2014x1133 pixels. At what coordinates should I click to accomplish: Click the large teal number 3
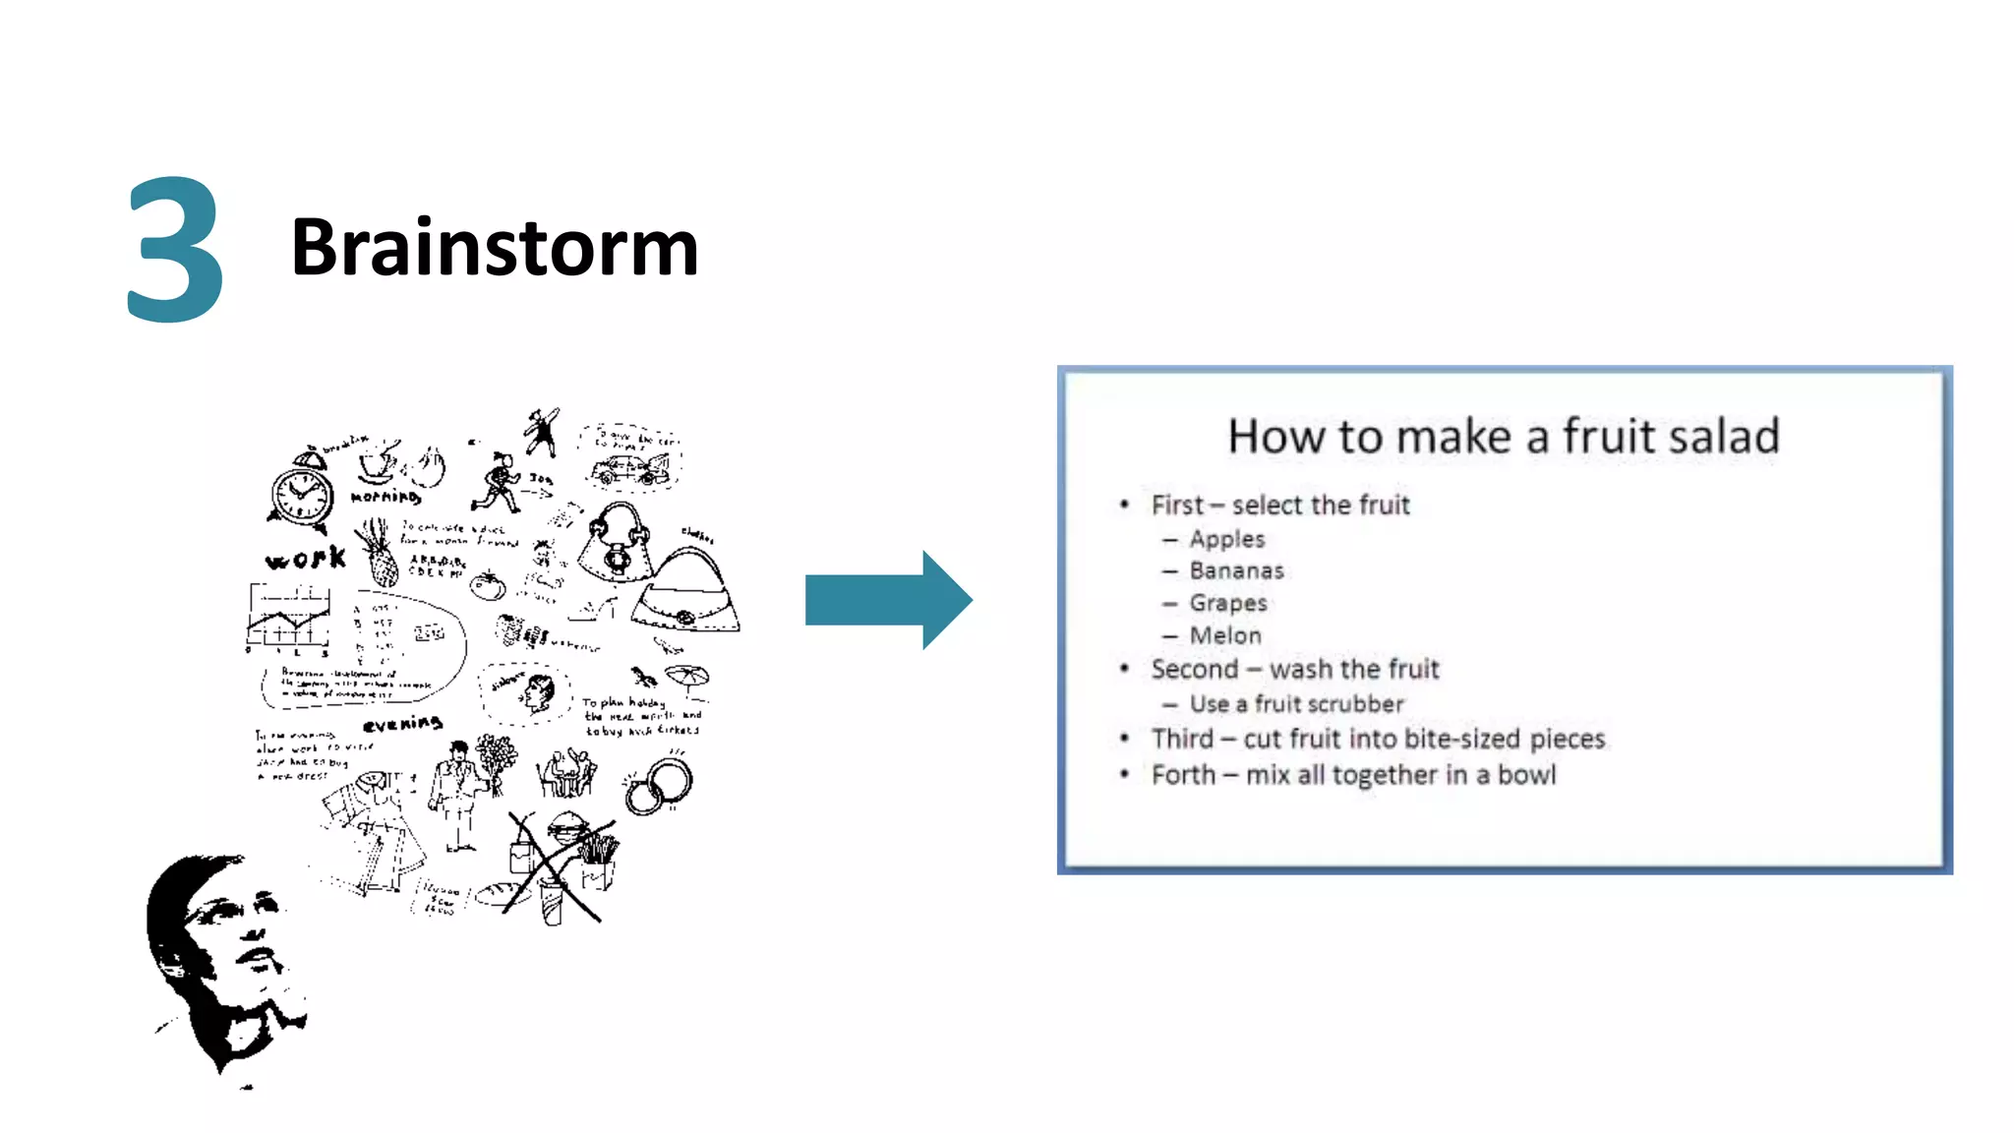click(x=175, y=250)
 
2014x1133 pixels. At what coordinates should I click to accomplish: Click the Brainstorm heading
click(x=494, y=247)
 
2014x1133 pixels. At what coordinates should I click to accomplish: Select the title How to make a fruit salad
click(x=1503, y=437)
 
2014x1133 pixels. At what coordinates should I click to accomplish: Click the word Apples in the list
click(x=1226, y=539)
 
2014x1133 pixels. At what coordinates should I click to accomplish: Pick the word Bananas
click(x=1236, y=570)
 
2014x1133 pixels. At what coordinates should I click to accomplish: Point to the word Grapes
click(x=1227, y=603)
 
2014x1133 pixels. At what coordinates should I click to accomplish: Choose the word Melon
click(x=1224, y=635)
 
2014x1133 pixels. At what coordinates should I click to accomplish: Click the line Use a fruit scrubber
click(x=1296, y=704)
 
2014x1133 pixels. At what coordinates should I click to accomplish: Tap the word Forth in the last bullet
click(x=1183, y=775)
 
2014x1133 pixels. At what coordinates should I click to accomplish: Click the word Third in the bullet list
click(x=1182, y=739)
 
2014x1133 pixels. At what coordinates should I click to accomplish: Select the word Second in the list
click(x=1194, y=670)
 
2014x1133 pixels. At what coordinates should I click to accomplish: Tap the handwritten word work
click(x=306, y=559)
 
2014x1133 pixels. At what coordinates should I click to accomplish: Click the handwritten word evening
click(x=402, y=725)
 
